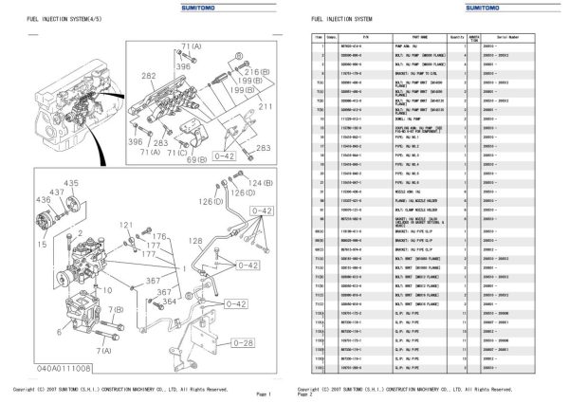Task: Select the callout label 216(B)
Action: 251,72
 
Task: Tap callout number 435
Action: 71,182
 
